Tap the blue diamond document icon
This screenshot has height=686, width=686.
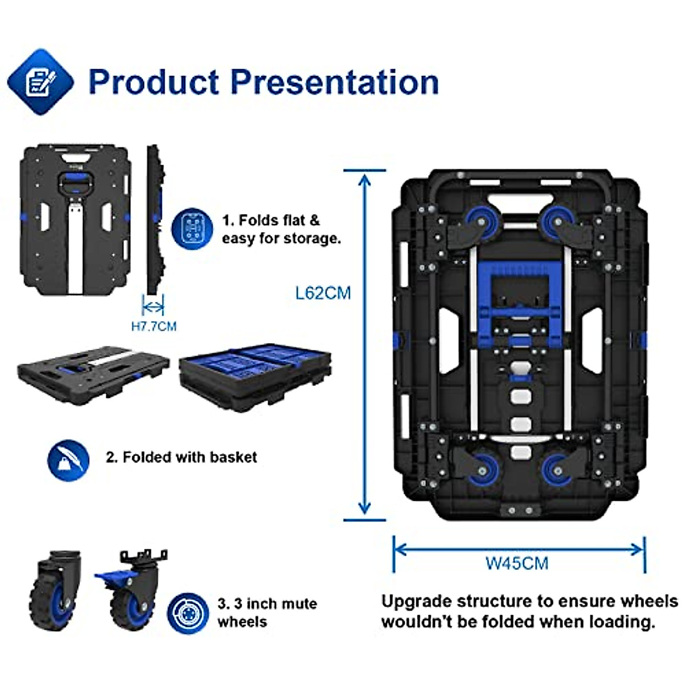(x=40, y=82)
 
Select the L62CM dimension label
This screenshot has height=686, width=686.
(x=323, y=293)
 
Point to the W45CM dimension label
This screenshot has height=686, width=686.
(x=517, y=563)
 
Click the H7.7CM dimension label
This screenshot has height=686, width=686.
(x=154, y=326)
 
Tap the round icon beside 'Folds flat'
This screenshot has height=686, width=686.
(x=193, y=229)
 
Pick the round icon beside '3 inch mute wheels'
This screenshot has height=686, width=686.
(x=188, y=613)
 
